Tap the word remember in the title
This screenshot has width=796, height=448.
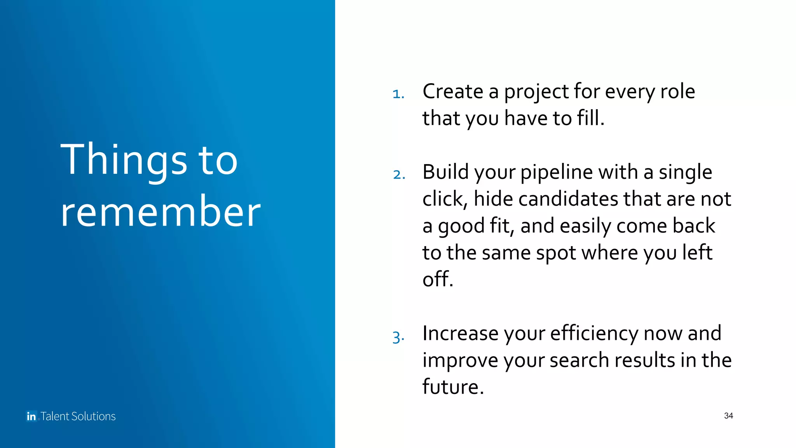161,212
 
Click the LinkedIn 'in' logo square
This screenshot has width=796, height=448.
31,416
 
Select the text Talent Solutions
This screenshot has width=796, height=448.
78,416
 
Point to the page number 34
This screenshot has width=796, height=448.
728,416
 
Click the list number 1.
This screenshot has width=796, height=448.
398,94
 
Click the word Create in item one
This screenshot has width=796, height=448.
453,92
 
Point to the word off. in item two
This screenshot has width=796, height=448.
438,279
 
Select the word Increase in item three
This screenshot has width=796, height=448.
460,333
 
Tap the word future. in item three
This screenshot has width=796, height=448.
453,387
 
